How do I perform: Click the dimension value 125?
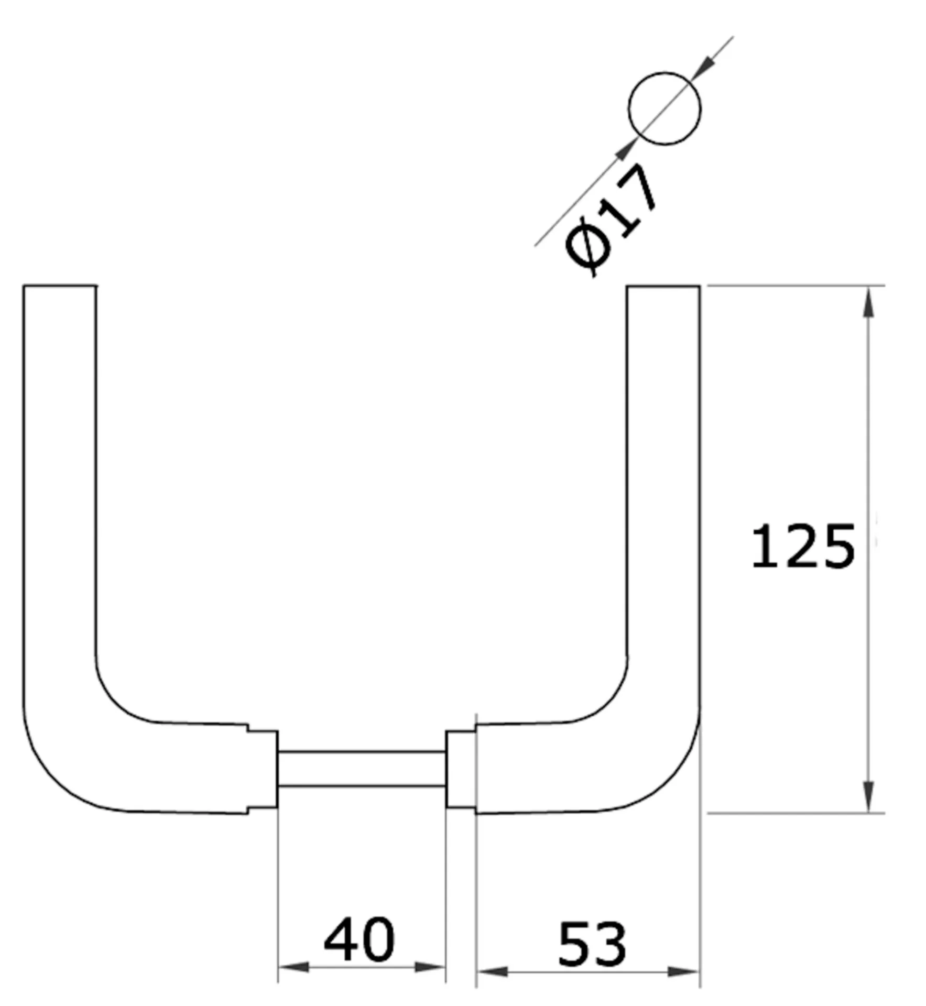point(802,546)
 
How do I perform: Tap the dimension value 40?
point(359,940)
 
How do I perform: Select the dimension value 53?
point(592,945)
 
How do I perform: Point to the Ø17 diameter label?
point(611,220)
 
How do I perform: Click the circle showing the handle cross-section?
point(664,108)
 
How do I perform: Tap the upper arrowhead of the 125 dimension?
point(868,302)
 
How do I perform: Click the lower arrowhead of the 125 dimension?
point(868,796)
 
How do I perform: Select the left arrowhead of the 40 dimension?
point(293,967)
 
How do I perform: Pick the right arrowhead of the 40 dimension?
point(430,967)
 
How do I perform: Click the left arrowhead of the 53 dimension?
point(492,972)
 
